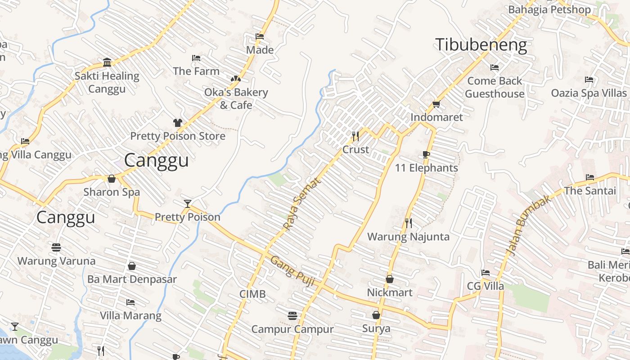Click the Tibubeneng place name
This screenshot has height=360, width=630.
coord(481,45)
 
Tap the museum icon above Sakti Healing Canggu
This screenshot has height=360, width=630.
coord(107,62)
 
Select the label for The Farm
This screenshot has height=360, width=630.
coord(196,71)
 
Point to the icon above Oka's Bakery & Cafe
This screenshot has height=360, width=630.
coord(235,79)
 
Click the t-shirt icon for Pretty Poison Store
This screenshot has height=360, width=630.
coord(177,123)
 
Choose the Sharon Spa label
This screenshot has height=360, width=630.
coord(112,192)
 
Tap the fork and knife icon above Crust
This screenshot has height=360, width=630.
coord(355,135)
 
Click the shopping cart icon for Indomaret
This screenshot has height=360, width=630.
coord(436,104)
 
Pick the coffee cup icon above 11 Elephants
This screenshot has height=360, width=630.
coord(426,155)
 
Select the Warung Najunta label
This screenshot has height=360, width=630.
coord(408,237)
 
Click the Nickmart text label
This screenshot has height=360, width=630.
coord(390,292)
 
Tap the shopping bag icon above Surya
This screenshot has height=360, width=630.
coord(376,315)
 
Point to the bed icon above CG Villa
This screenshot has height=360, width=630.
coord(485,272)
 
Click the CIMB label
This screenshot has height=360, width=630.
coord(252,294)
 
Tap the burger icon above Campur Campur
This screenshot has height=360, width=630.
coord(292,315)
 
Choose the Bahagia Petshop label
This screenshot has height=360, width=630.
coord(549,9)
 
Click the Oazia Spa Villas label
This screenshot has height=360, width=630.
coord(589,93)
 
